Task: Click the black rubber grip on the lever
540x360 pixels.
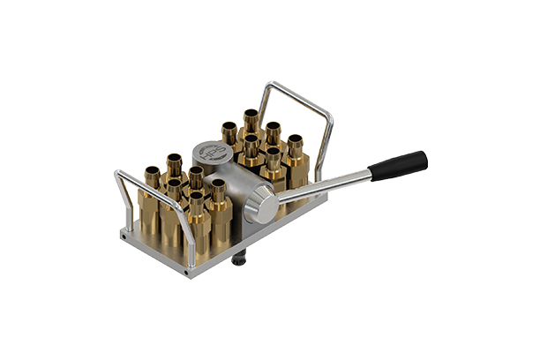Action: (399, 165)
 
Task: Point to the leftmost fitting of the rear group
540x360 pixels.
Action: (228, 137)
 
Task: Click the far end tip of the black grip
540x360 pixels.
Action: (424, 158)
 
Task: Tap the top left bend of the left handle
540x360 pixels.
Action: (120, 174)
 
